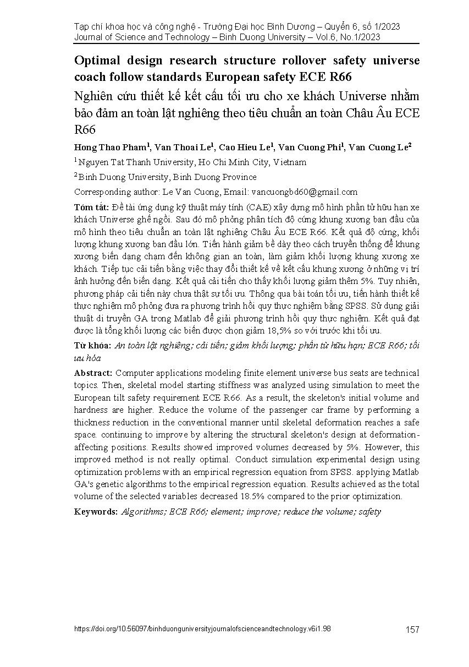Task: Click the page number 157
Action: pyautogui.click(x=412, y=630)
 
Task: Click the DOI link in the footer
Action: pyautogui.click(x=202, y=628)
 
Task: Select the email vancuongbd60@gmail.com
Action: pyautogui.click(x=304, y=192)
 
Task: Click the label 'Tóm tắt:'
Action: pyautogui.click(x=91, y=207)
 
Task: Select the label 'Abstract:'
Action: pyautogui.click(x=93, y=373)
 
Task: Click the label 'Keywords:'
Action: pyautogui.click(x=96, y=511)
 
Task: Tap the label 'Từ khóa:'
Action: pyautogui.click(x=92, y=346)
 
